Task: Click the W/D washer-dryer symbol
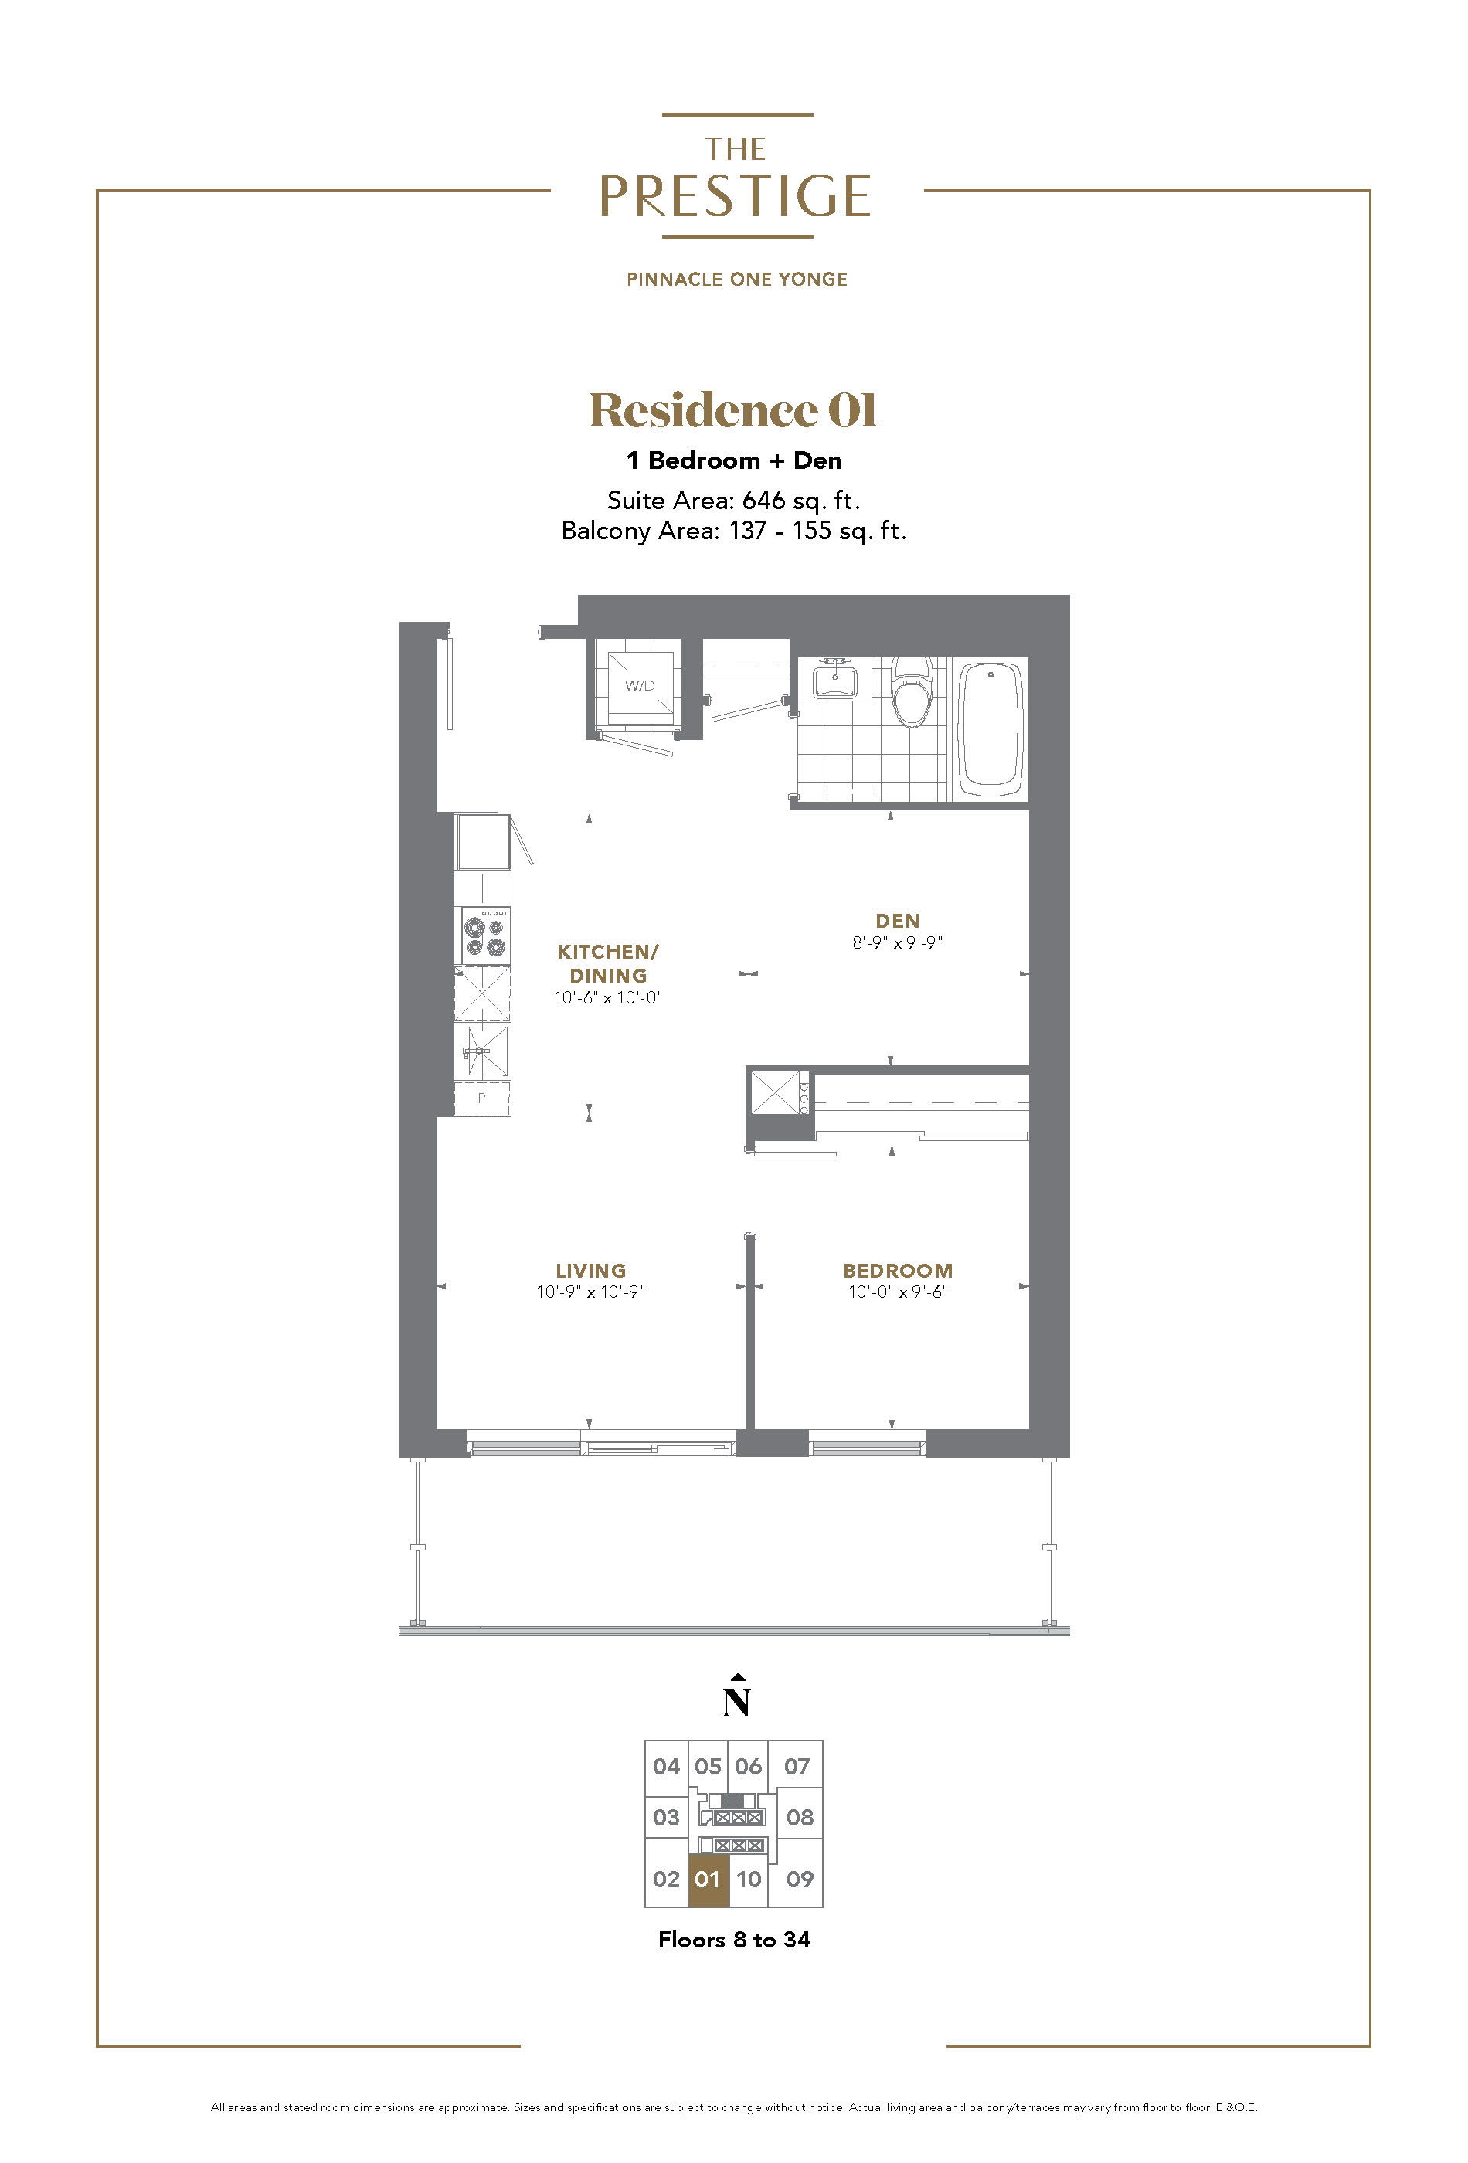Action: [640, 686]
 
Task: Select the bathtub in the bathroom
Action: [991, 728]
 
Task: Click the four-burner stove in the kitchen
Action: [482, 936]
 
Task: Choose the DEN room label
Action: [897, 921]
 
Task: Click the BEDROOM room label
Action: [897, 1271]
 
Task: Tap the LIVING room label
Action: [590, 1271]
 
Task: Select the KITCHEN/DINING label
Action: [608, 963]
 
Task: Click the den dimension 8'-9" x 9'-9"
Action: [897, 942]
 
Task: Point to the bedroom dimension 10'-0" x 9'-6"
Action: [897, 1292]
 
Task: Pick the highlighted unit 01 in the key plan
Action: [708, 1879]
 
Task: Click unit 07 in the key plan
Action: [797, 1766]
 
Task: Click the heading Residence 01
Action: [733, 409]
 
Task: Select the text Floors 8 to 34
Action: [733, 1940]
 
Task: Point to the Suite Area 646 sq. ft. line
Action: [733, 501]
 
